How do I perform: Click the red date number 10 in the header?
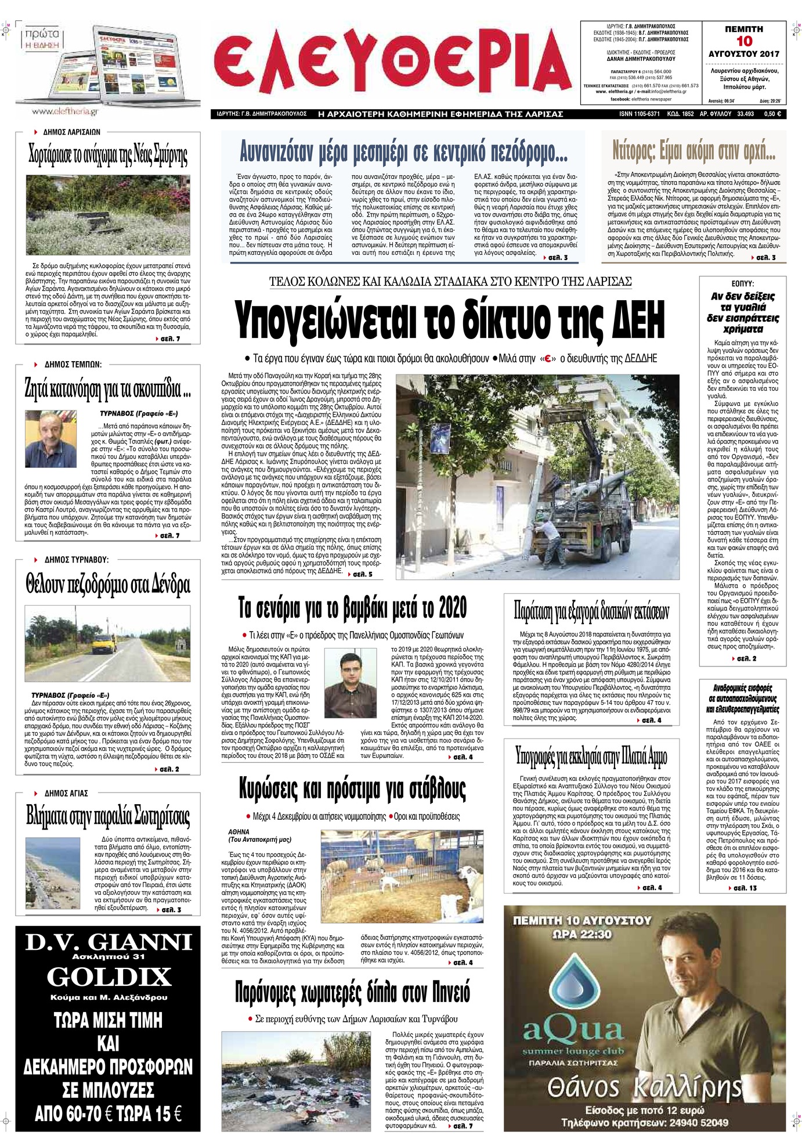[x=744, y=41]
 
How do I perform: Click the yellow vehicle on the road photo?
[x=105, y=643]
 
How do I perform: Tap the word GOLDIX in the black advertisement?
[x=109, y=978]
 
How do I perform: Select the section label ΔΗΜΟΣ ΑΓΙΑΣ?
[x=66, y=793]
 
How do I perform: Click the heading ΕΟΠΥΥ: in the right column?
[x=742, y=284]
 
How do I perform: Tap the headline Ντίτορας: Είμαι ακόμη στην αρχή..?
[x=693, y=152]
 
